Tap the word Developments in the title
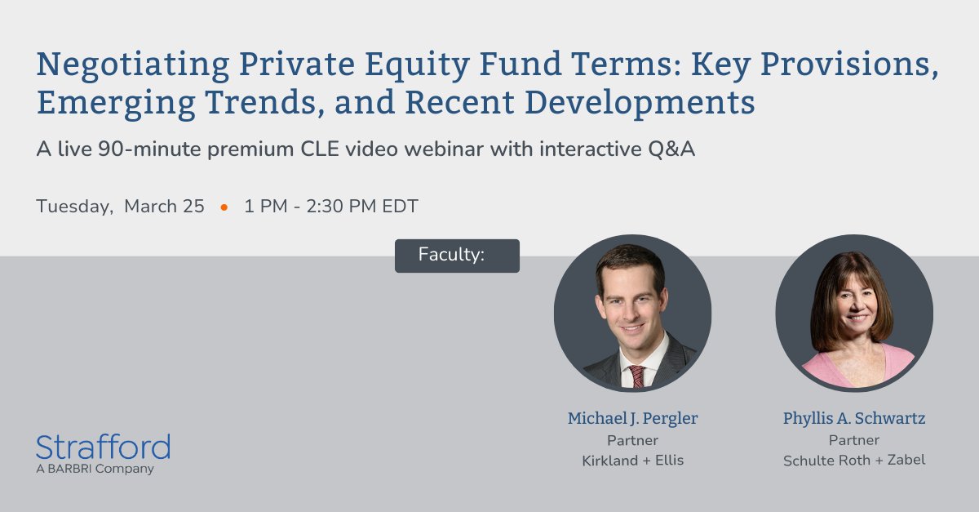651,104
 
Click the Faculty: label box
457,256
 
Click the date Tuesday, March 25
120,207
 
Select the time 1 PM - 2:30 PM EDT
330,207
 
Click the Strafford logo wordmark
103,447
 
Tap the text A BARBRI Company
95,469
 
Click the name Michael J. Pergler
632,419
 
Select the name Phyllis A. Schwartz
854,419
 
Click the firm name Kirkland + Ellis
632,461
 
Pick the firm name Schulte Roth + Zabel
854,461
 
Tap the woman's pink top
854,367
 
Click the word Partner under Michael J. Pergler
632,440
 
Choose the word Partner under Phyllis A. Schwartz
854,440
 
